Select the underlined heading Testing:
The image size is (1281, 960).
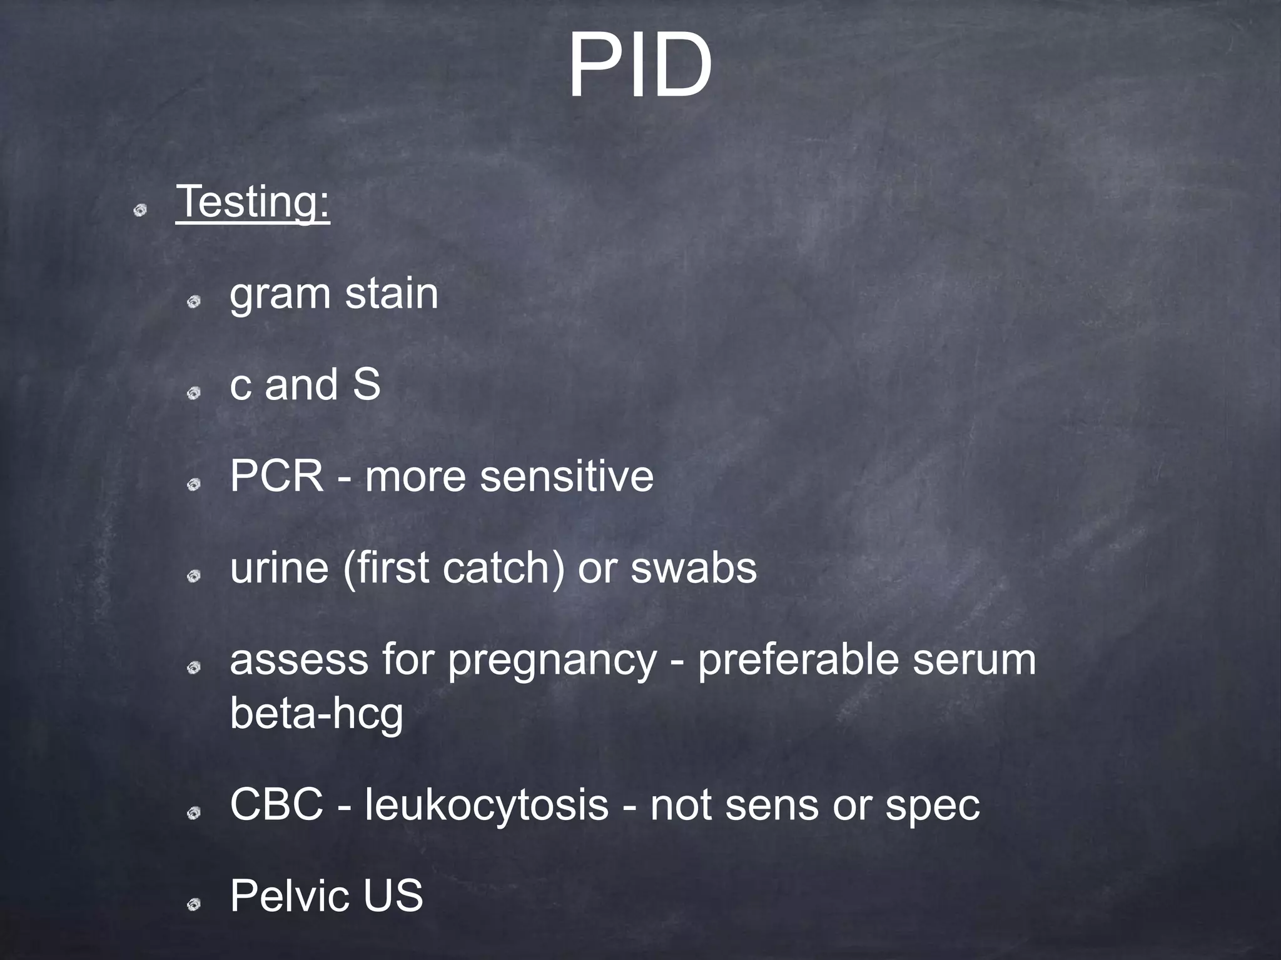coord(253,202)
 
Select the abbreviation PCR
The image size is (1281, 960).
coord(276,476)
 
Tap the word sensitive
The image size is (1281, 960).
coord(566,476)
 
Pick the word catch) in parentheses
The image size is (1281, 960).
coord(504,568)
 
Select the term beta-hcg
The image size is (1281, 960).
coord(316,714)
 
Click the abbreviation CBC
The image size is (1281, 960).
coord(276,804)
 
